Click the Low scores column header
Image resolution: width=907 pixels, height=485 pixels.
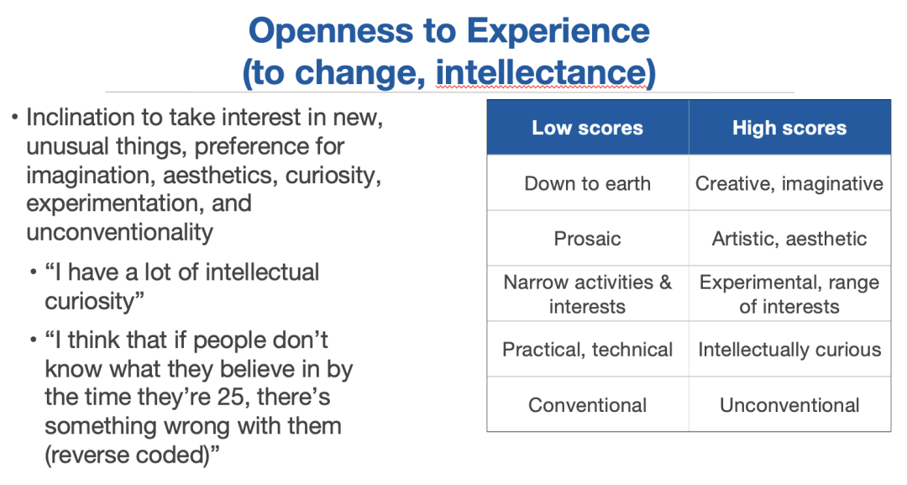point(588,127)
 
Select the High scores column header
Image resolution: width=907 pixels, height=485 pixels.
point(789,127)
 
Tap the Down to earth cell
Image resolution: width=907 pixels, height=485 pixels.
point(588,183)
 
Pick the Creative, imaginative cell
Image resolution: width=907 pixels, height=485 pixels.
point(789,183)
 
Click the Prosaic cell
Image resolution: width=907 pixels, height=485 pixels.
point(588,239)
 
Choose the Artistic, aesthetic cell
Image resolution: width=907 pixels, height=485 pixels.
point(789,239)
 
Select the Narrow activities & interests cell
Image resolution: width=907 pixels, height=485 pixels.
point(588,294)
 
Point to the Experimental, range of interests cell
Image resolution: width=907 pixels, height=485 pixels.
point(789,294)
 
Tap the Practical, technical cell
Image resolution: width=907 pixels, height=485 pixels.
point(588,350)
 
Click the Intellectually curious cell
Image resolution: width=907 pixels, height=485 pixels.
point(789,350)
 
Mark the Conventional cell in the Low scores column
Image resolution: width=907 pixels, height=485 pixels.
point(588,404)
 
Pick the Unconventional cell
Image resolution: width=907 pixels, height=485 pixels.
point(789,404)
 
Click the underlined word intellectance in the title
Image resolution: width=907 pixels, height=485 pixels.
point(541,73)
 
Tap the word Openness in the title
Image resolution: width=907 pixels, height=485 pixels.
point(330,31)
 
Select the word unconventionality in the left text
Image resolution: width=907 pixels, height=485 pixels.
point(120,232)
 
